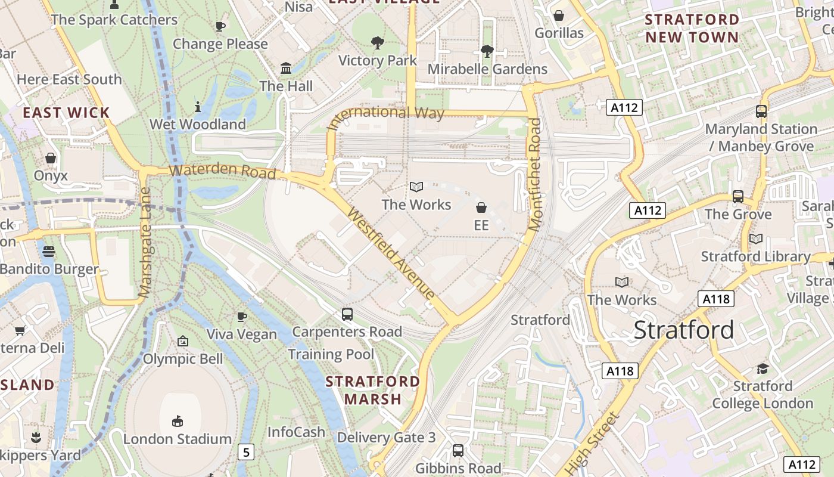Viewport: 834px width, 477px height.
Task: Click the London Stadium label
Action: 177,439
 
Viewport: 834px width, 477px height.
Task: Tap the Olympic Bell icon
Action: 183,342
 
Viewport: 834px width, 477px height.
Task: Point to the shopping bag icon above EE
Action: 481,207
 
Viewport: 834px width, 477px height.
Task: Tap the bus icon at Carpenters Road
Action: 347,314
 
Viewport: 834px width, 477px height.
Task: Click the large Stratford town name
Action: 683,330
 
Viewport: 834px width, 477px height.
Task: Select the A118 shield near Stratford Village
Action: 715,299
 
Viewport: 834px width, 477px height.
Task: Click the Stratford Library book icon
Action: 755,238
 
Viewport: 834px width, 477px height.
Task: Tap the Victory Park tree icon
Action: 377,42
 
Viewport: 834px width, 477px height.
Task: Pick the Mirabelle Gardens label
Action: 487,69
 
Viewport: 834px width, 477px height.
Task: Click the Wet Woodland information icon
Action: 198,107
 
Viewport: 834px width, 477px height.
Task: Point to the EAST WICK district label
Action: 66,113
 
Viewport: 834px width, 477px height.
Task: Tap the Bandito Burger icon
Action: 49,252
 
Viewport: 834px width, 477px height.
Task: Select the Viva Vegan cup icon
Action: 241,317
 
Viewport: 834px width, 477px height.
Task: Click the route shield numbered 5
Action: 245,452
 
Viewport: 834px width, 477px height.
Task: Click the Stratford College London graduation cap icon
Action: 763,368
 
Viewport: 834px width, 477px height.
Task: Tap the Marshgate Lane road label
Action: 145,243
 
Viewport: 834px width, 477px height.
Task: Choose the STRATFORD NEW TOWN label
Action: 692,28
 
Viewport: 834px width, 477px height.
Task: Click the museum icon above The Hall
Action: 286,68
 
